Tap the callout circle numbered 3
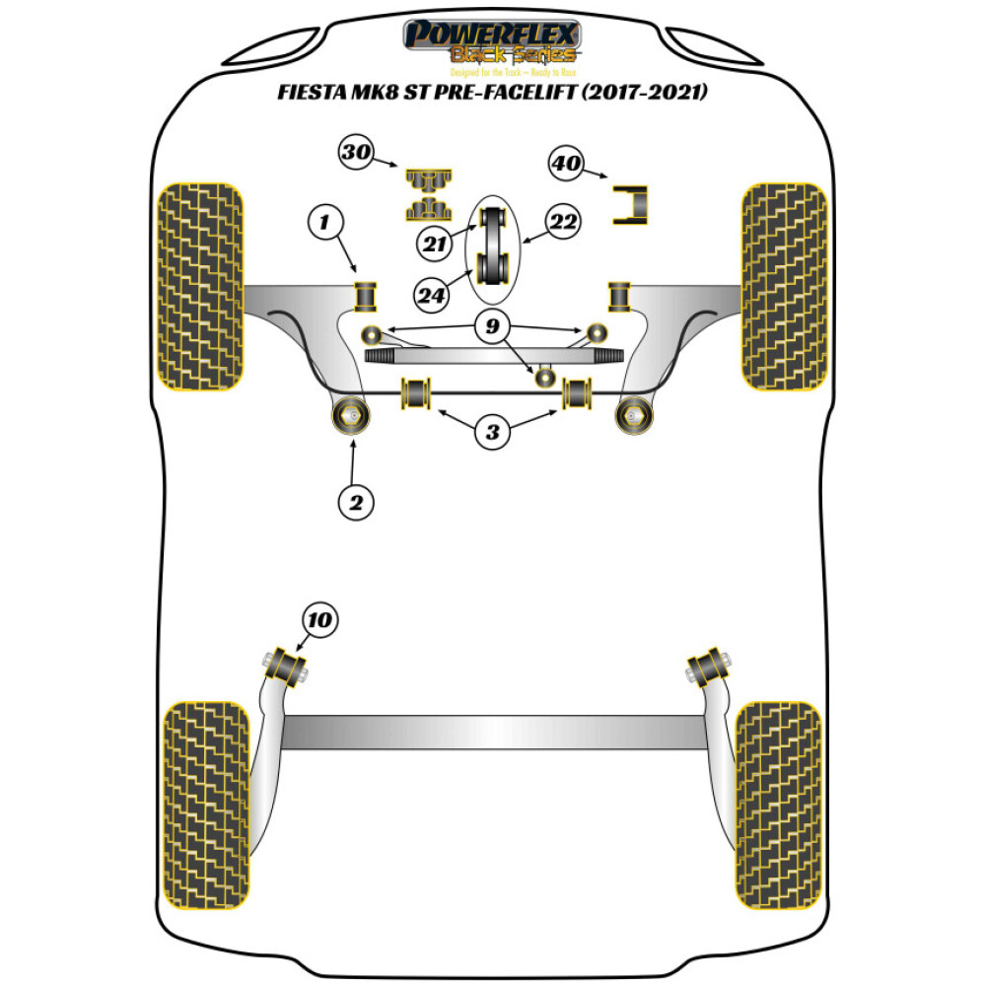(x=492, y=431)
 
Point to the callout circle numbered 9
(x=492, y=327)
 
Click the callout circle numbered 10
(x=319, y=621)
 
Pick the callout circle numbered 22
(x=565, y=222)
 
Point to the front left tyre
(x=200, y=286)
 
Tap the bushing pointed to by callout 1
(x=367, y=294)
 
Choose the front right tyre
(x=783, y=286)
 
